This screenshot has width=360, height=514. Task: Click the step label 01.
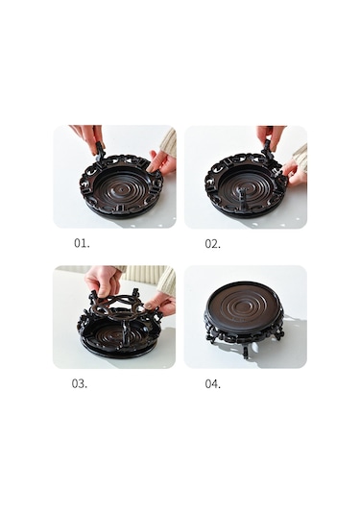click(82, 244)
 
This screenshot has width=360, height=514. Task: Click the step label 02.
click(213, 244)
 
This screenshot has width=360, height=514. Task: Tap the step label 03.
click(80, 383)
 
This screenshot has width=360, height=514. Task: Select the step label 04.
click(213, 383)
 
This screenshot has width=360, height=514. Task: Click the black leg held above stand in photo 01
click(96, 148)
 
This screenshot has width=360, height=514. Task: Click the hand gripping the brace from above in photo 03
click(103, 280)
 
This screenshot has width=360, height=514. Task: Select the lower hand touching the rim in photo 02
click(291, 173)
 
